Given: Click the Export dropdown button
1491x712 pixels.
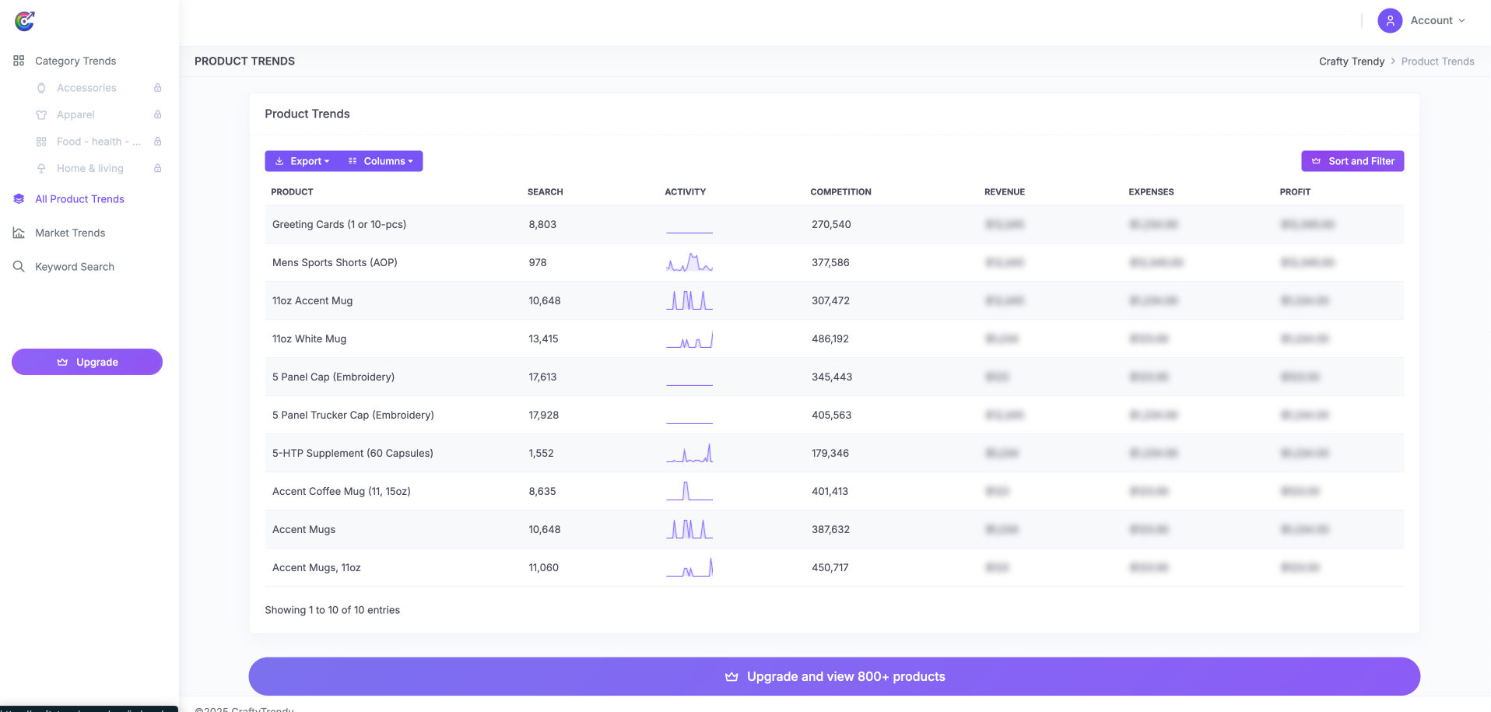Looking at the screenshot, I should (x=302, y=161).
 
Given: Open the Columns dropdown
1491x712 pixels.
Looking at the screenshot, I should (x=381, y=161).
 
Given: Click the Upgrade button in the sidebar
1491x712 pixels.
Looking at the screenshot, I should (x=87, y=362).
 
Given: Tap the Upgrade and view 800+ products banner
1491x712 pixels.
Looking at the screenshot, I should (x=834, y=676).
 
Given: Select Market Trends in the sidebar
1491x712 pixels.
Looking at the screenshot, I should (x=70, y=233).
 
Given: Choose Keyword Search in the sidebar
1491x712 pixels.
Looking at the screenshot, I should (x=75, y=267).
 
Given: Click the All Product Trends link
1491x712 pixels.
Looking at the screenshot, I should (x=79, y=199).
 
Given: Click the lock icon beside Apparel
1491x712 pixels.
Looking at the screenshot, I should (x=158, y=114).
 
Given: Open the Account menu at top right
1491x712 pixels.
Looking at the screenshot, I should (x=1423, y=21).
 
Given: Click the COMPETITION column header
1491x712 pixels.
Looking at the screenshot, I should (x=840, y=192).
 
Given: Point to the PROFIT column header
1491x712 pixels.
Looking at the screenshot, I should (x=1295, y=192).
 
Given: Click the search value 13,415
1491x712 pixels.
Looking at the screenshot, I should (x=543, y=339).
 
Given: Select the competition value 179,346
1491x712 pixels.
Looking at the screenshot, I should (x=830, y=454).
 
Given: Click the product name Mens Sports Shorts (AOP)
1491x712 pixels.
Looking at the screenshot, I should (x=335, y=263).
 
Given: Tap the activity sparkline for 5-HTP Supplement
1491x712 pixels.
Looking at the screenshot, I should (x=689, y=454).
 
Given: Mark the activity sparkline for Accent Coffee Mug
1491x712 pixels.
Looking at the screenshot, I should (x=689, y=492).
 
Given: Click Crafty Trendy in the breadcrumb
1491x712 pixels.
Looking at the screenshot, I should (x=1351, y=61).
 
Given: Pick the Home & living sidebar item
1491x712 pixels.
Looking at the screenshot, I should (x=89, y=169).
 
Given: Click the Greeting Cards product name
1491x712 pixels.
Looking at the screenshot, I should (x=339, y=225).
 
